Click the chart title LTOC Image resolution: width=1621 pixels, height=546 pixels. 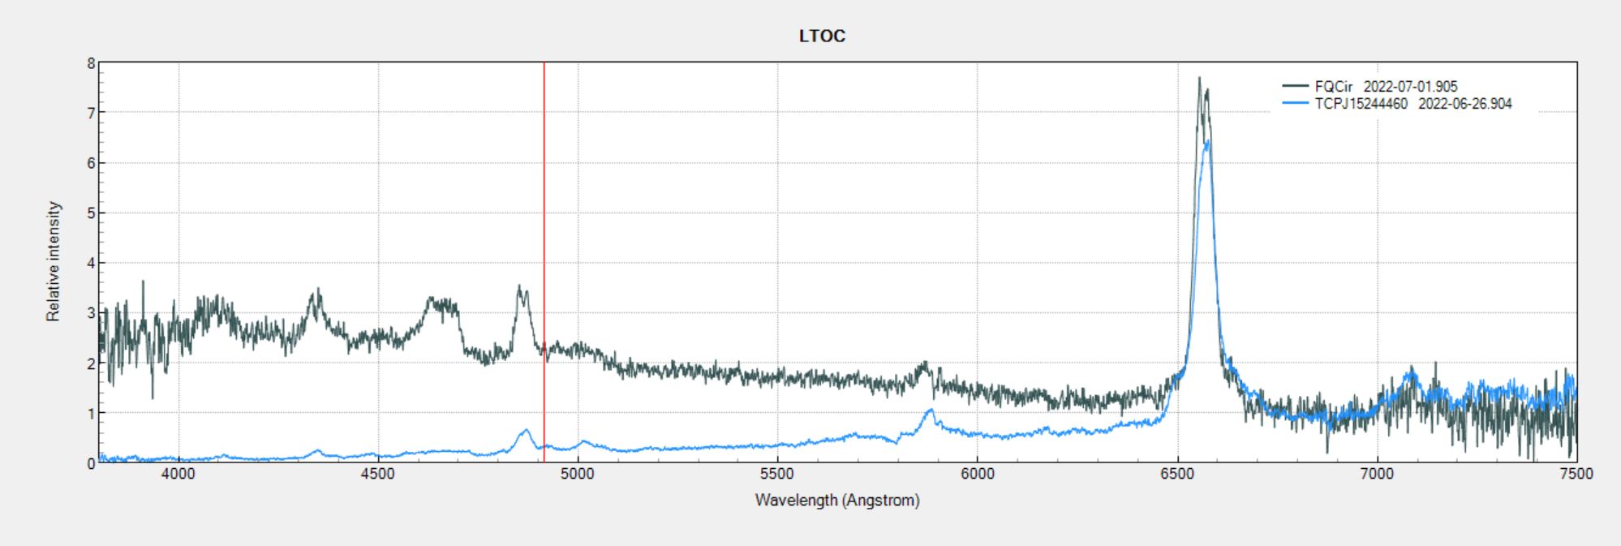click(x=822, y=36)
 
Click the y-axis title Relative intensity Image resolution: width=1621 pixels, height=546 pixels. click(x=54, y=261)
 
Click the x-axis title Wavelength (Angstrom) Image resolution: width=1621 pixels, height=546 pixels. click(x=837, y=501)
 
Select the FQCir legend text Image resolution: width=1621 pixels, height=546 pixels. click(x=1334, y=87)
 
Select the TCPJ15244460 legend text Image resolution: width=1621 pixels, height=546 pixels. click(x=1361, y=104)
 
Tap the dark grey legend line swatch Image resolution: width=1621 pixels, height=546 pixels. click(x=1296, y=86)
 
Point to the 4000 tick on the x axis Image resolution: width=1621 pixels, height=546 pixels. click(x=178, y=474)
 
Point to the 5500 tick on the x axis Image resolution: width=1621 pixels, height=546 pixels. click(x=777, y=474)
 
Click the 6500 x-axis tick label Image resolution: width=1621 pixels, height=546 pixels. click(x=1177, y=474)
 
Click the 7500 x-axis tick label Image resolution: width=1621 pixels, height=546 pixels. click(x=1576, y=474)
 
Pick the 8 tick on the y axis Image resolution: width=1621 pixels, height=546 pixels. click(x=91, y=62)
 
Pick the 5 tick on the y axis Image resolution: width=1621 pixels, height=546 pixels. click(x=91, y=213)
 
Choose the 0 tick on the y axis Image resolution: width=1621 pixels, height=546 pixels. click(x=91, y=463)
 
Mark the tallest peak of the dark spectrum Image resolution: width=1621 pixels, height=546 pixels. click(x=1199, y=79)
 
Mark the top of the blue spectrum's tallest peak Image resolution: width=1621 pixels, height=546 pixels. click(x=1208, y=142)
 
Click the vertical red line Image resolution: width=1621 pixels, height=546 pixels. click(x=544, y=243)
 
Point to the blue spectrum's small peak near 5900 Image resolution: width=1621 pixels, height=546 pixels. click(x=930, y=411)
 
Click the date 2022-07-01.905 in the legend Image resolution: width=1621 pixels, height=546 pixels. click(x=1410, y=87)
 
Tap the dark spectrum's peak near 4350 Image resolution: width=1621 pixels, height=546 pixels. click(x=318, y=290)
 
